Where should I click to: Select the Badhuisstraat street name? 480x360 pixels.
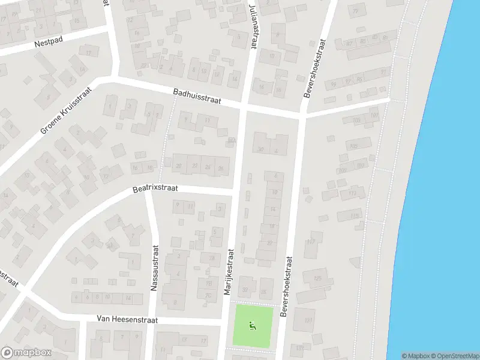point(197,97)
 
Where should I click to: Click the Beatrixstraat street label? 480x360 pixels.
point(155,189)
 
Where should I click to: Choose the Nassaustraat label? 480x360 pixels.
point(154,268)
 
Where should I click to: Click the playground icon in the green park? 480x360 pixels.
point(253,326)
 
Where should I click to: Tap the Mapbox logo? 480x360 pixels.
point(25,352)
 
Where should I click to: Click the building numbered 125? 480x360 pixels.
point(317,279)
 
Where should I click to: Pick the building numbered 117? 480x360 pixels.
point(310,241)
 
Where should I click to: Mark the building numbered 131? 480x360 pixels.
point(308,320)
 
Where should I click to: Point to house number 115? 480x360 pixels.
point(355,215)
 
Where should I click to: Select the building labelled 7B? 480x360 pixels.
point(208,283)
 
